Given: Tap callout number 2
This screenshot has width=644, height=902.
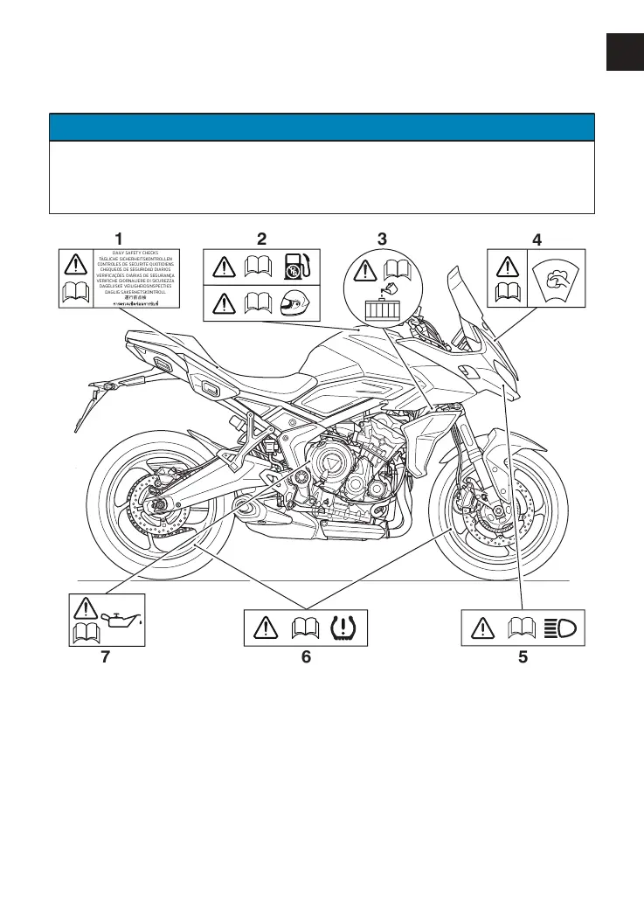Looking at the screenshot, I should point(261,237).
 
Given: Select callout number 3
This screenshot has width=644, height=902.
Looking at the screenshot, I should point(382,238).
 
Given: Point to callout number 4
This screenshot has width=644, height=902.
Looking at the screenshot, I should point(537,238).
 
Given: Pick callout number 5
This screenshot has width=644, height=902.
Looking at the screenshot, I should point(523,658).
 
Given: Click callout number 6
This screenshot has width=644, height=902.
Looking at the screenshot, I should point(306,658).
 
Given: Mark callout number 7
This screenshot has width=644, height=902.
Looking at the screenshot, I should point(105,658).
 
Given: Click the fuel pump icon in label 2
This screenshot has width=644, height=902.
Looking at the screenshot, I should point(297,266).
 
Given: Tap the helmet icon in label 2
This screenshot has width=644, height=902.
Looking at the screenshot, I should point(297,303).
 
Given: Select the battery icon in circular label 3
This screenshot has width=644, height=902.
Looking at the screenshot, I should point(381,310).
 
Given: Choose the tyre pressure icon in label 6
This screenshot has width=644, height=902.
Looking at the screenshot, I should point(350,627).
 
